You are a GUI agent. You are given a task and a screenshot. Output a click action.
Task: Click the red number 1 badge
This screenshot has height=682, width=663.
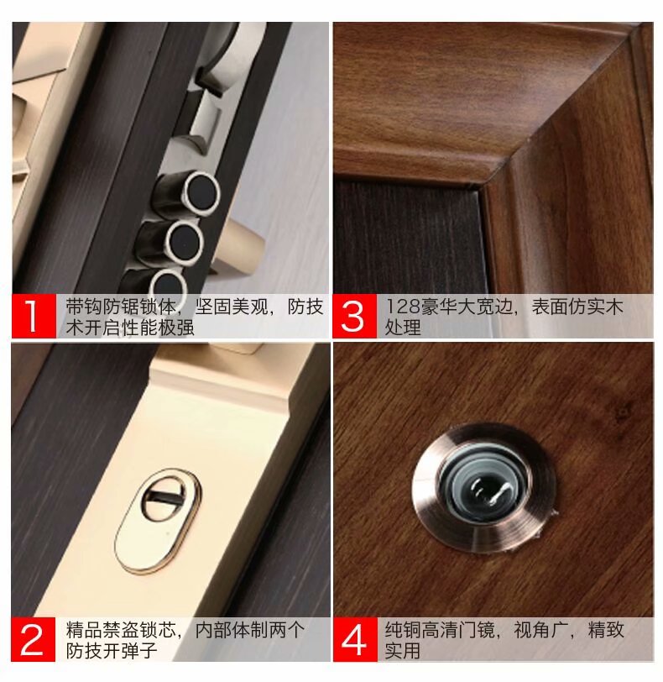[34, 316]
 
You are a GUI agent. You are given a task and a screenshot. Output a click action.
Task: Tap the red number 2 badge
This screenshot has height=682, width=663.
[34, 639]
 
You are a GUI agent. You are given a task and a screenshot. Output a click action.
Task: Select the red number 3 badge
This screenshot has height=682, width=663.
[354, 316]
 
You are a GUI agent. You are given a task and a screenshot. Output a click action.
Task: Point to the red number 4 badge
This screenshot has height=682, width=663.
[355, 639]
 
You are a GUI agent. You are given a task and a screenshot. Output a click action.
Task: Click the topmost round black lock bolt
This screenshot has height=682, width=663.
[201, 193]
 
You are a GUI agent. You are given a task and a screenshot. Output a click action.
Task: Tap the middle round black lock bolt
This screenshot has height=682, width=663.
[185, 243]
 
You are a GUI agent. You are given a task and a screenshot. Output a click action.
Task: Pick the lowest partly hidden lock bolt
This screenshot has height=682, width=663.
[167, 282]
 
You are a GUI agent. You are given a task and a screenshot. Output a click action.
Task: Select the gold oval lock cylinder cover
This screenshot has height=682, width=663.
[158, 520]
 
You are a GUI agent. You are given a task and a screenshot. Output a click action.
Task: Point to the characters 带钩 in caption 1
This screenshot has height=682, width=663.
[84, 307]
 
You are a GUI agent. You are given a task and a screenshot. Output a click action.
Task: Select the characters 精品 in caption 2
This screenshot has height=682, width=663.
[84, 629]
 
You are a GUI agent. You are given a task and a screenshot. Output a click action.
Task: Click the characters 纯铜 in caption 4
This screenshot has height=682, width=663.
[403, 629]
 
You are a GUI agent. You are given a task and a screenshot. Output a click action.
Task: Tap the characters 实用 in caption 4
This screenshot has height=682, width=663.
[403, 651]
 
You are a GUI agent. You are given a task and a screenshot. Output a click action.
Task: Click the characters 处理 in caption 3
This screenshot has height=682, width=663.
[403, 328]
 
